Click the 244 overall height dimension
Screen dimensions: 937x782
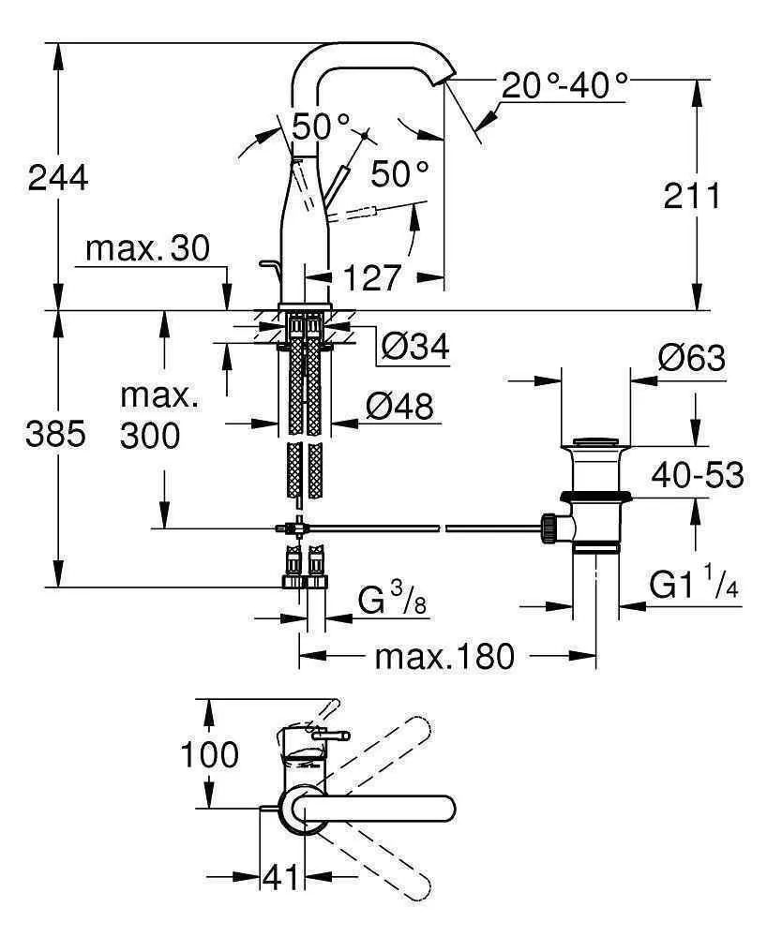pos(58,176)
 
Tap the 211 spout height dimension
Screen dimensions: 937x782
pos(692,196)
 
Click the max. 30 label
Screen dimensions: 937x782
pos(147,249)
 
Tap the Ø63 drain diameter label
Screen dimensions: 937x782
pos(691,358)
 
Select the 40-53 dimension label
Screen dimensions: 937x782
pos(699,475)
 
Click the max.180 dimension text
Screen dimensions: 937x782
pos(444,657)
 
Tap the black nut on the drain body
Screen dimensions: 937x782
pos(595,498)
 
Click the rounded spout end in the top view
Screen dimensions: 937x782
pos(448,808)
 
